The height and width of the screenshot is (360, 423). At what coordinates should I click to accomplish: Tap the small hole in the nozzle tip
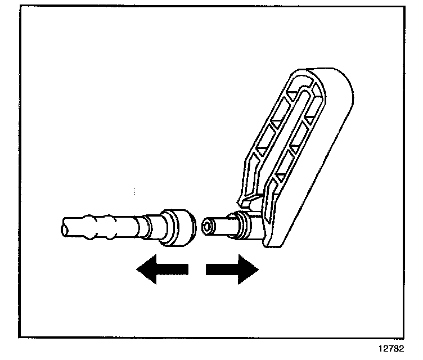coord(209,227)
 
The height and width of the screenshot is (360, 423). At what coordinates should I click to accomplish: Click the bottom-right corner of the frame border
coord(404,337)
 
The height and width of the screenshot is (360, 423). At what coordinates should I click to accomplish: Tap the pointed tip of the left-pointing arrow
coord(138,270)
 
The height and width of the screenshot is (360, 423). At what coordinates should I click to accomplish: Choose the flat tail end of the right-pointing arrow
coord(207,270)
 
